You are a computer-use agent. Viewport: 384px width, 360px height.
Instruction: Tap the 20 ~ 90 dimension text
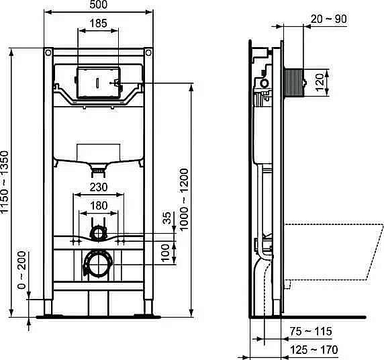click(x=329, y=19)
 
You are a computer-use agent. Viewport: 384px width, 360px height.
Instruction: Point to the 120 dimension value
click(x=328, y=81)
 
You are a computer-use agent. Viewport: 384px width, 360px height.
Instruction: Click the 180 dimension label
click(x=99, y=206)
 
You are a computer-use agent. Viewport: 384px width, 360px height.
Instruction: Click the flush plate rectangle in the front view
click(x=98, y=83)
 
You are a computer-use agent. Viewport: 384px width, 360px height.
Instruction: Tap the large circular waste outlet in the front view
click(x=98, y=264)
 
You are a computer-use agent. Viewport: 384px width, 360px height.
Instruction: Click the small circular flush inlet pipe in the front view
click(x=99, y=233)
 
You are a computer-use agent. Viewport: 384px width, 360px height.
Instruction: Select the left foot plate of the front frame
click(x=48, y=312)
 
